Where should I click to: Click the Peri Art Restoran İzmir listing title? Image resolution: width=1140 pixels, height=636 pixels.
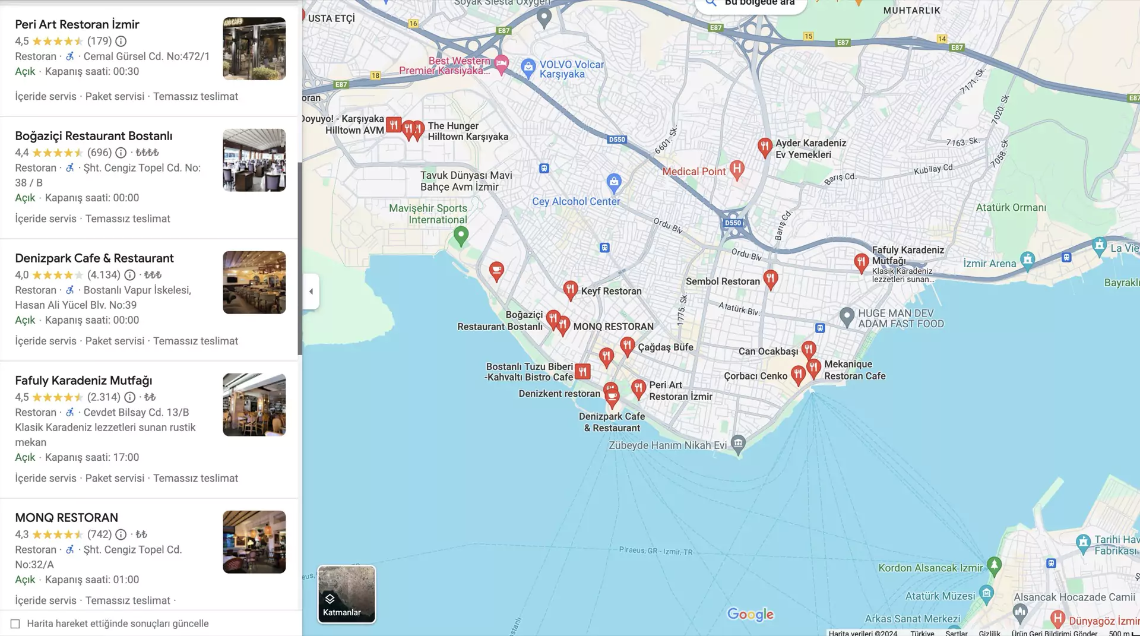pos(77,24)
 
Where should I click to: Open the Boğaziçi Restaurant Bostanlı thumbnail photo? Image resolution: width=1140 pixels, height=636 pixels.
pos(254,160)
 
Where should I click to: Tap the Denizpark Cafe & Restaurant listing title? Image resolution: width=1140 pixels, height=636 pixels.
pos(94,258)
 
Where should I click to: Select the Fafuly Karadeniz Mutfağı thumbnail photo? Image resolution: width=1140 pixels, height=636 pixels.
pos(254,405)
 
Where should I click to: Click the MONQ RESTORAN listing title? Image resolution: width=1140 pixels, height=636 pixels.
pos(66,518)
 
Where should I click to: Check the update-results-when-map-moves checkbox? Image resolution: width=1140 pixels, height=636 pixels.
pos(15,624)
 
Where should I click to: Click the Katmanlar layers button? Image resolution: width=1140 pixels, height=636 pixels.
pos(346,594)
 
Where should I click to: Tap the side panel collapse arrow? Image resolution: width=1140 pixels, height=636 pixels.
pos(311,292)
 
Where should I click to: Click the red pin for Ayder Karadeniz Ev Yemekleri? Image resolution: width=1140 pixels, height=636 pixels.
pos(765,147)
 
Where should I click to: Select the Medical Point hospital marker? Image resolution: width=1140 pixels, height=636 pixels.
pos(737,169)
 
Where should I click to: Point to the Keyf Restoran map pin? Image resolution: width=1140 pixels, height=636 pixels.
pos(570,290)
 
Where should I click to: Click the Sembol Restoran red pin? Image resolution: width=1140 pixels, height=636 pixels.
pos(771,279)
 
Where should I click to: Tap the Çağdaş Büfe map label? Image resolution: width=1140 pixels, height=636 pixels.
pos(666,347)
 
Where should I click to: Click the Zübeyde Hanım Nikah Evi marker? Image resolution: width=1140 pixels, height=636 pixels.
pos(738,443)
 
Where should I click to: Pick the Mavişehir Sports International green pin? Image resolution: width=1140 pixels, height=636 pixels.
pos(461,236)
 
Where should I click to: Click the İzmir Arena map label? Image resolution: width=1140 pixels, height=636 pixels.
pos(990,264)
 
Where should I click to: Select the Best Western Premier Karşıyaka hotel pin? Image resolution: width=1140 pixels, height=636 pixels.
pos(502,64)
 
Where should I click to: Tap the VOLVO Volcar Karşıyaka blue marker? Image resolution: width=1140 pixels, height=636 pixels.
pos(528,68)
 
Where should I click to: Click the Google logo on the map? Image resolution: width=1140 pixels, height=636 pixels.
pos(750,615)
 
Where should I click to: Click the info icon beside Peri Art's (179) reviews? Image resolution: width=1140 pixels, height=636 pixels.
pos(121,41)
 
